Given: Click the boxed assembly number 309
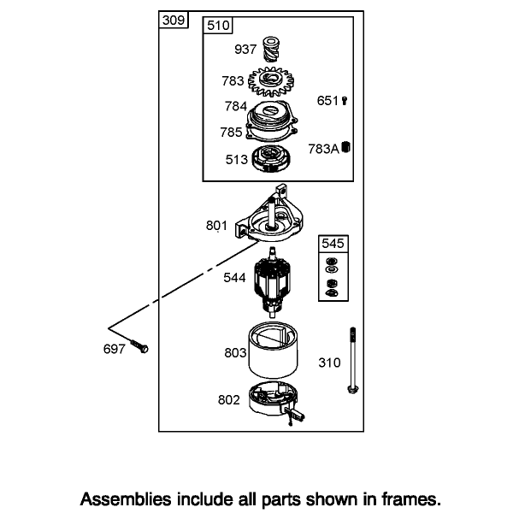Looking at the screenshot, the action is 174,21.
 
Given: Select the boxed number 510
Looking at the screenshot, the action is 218,26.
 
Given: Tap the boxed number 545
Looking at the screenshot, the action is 333,244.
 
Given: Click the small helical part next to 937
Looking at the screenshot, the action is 271,50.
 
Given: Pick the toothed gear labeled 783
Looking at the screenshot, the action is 271,81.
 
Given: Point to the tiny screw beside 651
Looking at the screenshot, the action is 345,101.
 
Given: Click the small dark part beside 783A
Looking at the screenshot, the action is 346,146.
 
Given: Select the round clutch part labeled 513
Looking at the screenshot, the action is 271,159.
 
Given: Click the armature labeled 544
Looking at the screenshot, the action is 272,282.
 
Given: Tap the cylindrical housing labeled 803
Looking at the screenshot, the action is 273,350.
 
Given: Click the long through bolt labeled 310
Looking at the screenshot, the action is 353,361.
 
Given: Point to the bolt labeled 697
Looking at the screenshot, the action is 139,346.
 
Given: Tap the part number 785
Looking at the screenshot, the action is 231,133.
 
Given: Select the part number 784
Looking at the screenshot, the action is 236,107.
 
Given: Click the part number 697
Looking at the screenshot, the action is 115,349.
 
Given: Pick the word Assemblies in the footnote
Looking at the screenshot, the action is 126,498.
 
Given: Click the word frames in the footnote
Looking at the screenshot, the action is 411,498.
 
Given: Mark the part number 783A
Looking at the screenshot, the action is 324,149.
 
